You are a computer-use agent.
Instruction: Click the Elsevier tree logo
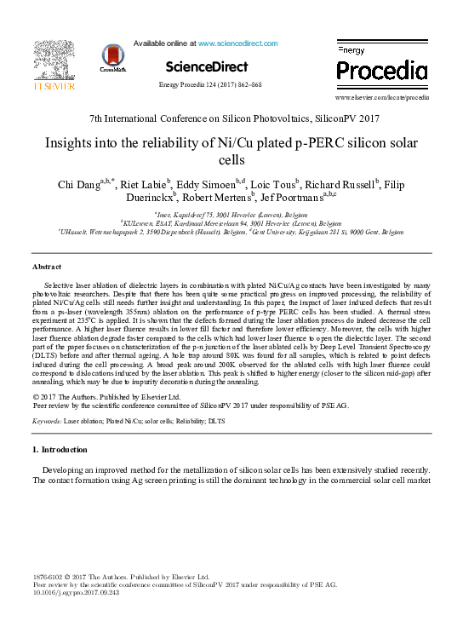(x=54, y=61)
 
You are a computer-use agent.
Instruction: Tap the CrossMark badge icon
(x=112, y=57)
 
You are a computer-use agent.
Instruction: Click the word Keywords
(x=48, y=421)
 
